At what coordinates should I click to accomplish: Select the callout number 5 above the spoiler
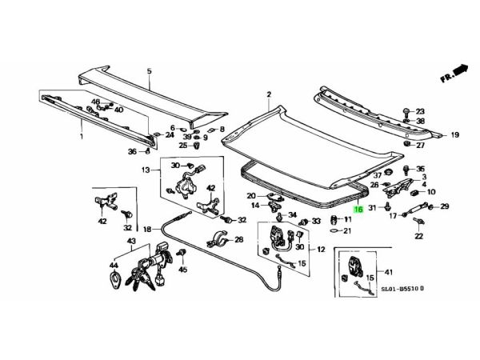tap(148, 72)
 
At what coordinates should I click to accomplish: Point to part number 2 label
tap(269, 94)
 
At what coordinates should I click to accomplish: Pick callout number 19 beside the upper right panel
tap(454, 135)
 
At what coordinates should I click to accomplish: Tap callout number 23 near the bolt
tap(421, 112)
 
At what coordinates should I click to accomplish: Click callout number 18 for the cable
tap(147, 230)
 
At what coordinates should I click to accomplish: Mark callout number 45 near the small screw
tap(182, 270)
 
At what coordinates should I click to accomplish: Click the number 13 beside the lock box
tap(146, 170)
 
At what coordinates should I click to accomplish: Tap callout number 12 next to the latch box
tap(320, 249)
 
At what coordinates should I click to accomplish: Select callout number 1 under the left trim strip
tap(82, 138)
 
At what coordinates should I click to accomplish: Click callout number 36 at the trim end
tap(133, 151)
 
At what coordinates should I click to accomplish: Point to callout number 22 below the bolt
tap(418, 236)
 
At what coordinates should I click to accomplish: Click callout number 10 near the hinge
tap(431, 192)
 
